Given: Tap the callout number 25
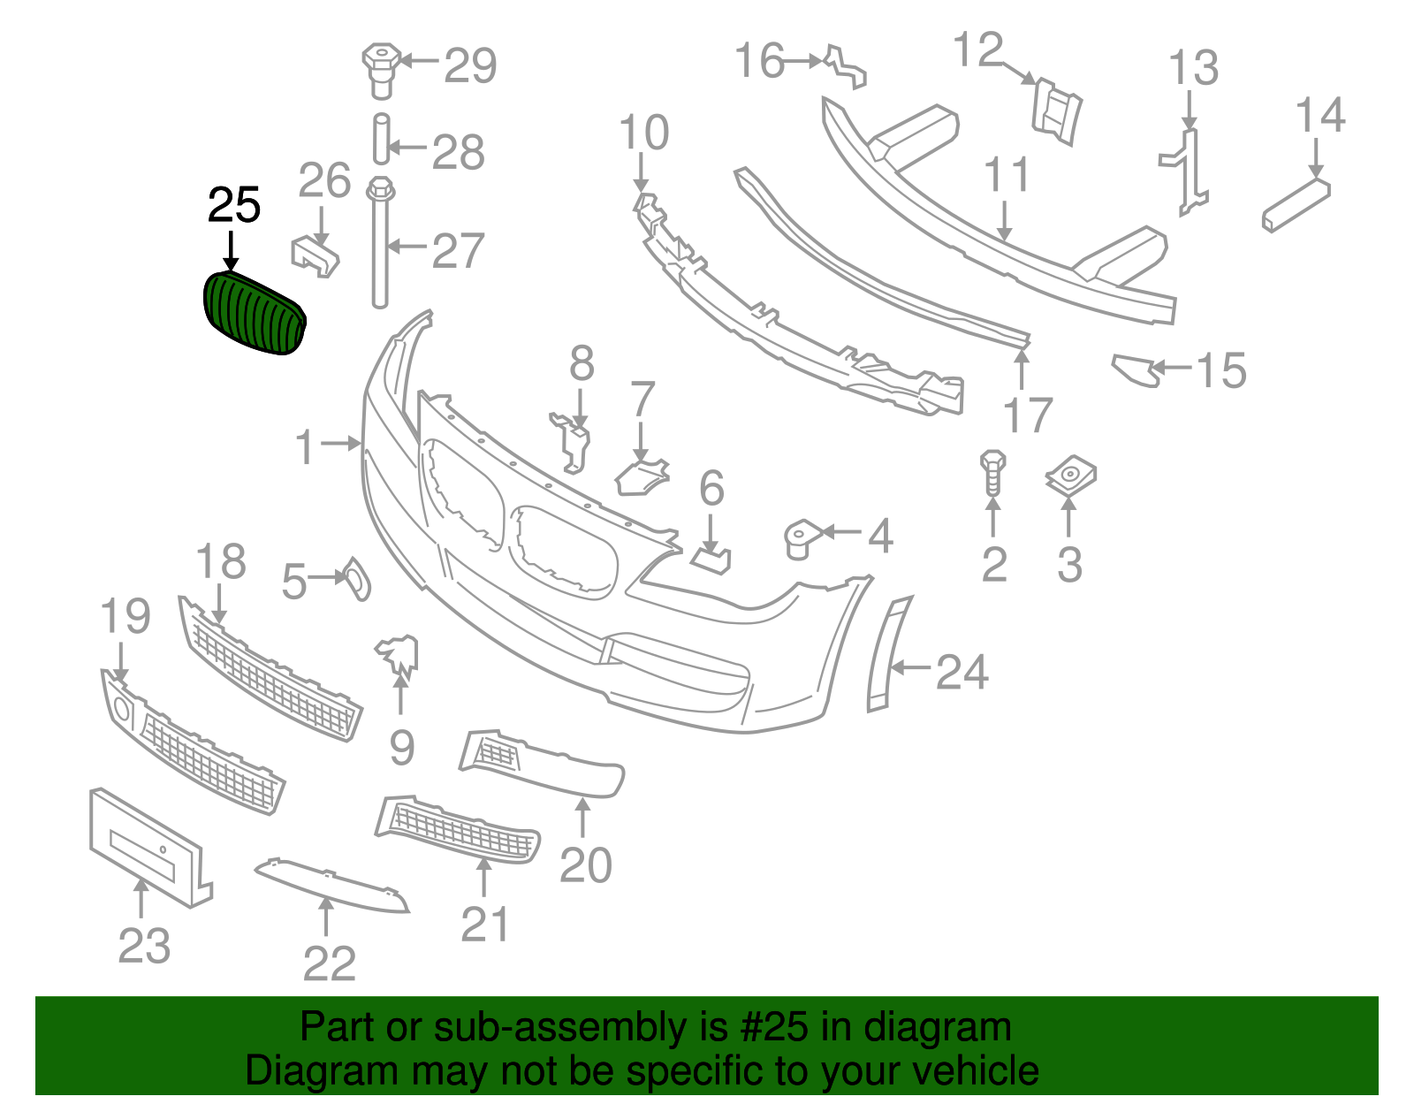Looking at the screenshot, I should (233, 206).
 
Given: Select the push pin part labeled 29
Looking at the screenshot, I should (381, 67).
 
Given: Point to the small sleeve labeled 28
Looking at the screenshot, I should (381, 139).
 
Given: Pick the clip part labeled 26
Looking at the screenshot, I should (315, 255).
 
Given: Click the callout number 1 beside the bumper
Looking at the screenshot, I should (305, 447).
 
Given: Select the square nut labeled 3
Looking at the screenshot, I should (1070, 477).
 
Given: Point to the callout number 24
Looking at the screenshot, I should (962, 672).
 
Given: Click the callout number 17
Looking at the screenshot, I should (1028, 415).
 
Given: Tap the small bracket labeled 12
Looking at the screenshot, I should (1056, 110).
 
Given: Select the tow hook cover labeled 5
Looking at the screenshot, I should (358, 578).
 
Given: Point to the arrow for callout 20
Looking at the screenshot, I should (583, 818).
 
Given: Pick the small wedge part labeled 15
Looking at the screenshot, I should (1136, 369).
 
